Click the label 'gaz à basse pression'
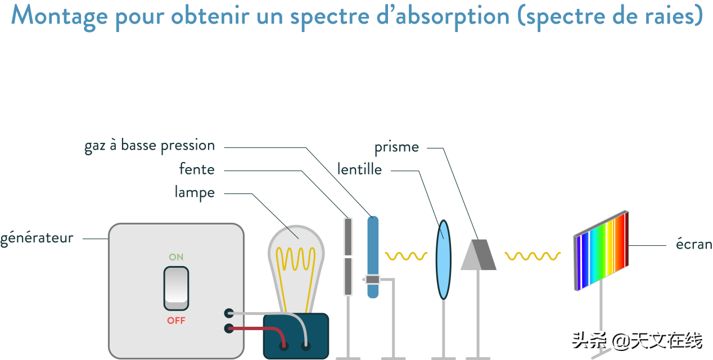click(x=150, y=146)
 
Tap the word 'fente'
click(x=196, y=169)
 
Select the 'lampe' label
click(x=195, y=192)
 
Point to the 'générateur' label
click(x=37, y=238)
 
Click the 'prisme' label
click(x=396, y=147)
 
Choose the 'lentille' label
click(x=359, y=169)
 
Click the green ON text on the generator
click(x=176, y=257)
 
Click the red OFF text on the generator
click(x=176, y=321)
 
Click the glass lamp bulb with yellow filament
click(x=296, y=264)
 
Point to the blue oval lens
click(x=444, y=259)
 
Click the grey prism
click(x=479, y=255)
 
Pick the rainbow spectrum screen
click(x=601, y=250)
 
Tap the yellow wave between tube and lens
click(x=406, y=256)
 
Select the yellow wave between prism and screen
click(x=533, y=256)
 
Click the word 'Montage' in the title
click(x=60, y=16)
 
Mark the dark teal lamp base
click(x=295, y=336)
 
